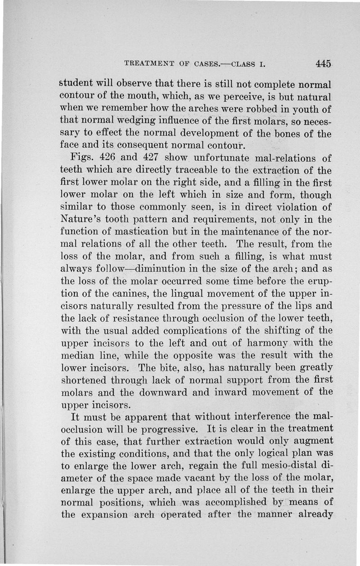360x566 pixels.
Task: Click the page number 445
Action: [324, 63]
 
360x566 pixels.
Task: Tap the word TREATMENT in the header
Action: [145, 64]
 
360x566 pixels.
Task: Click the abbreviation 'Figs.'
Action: [81, 159]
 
